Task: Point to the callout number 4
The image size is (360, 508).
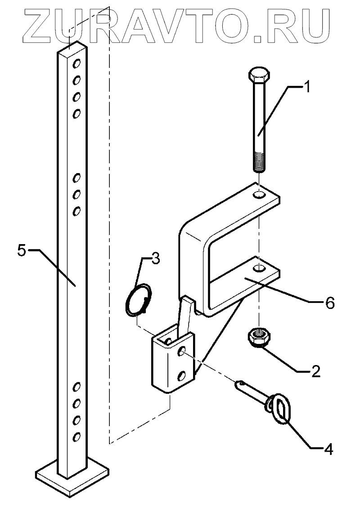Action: click(329, 449)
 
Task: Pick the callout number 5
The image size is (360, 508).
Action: click(22, 250)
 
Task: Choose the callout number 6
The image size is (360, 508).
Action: click(330, 304)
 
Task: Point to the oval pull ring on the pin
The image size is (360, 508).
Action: click(279, 407)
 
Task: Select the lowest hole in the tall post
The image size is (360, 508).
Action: click(76, 436)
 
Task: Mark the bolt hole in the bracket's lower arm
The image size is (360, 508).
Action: click(258, 268)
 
